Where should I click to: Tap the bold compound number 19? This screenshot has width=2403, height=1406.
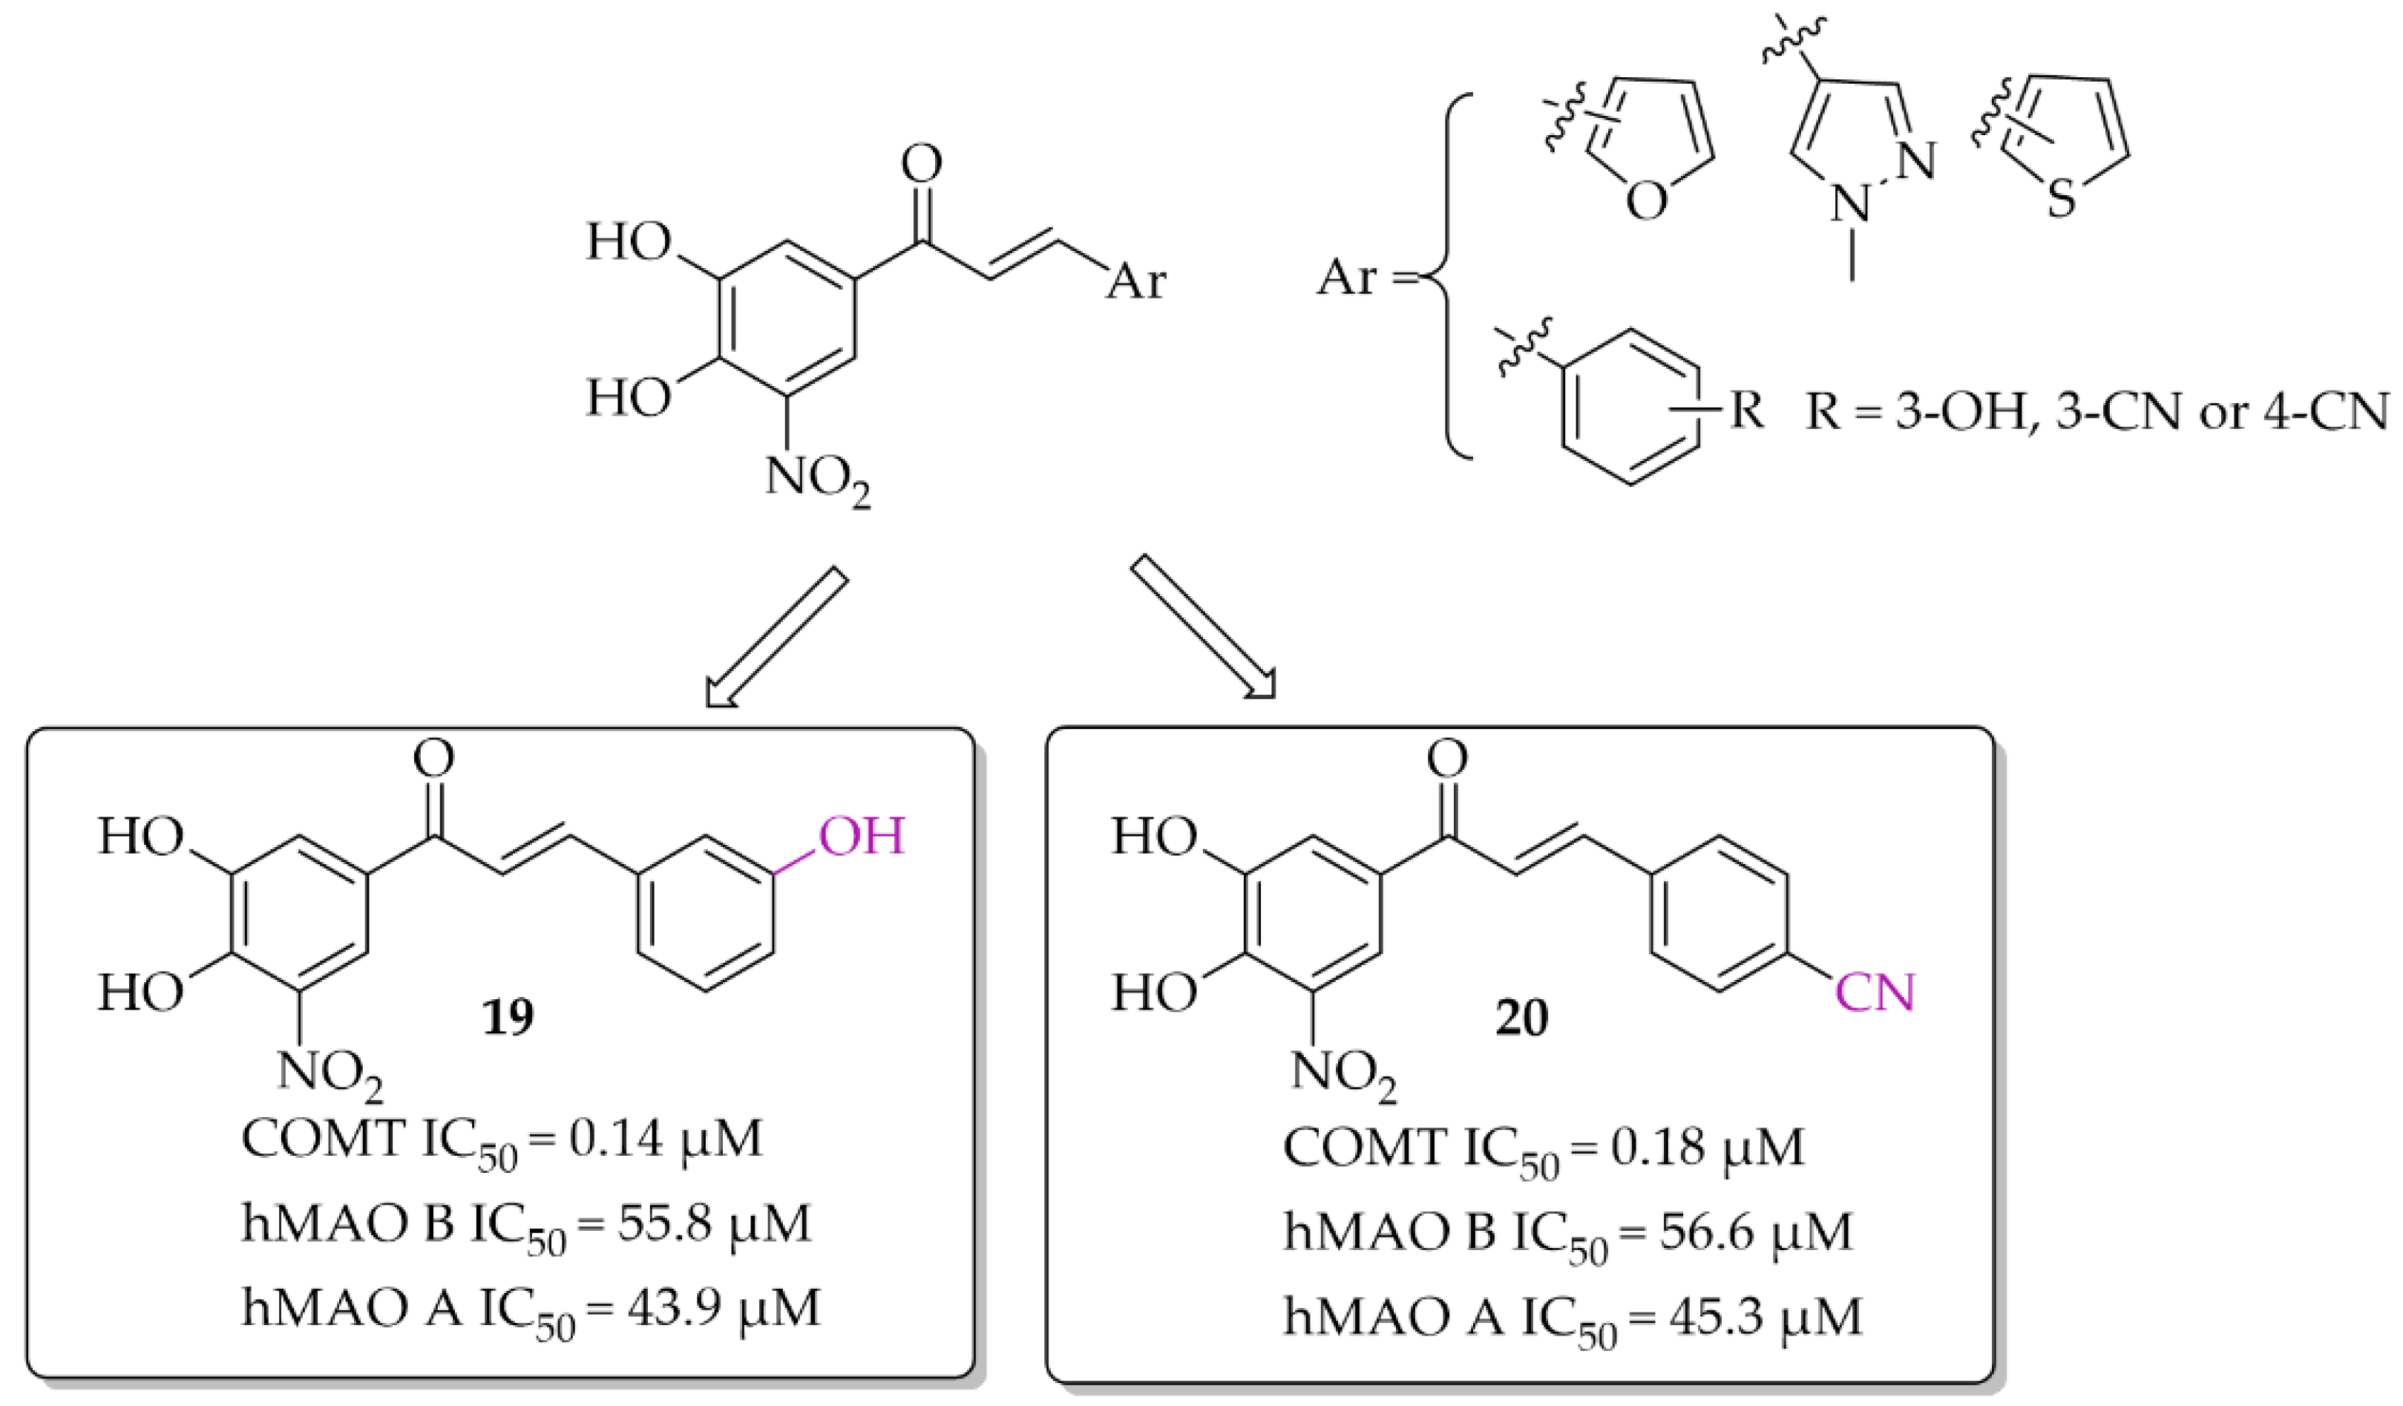[x=508, y=1018]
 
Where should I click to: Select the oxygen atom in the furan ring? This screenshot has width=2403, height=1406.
[x=1647, y=202]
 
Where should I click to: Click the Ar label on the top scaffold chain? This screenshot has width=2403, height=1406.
[x=1135, y=281]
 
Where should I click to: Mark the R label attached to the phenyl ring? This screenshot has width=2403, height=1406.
[x=1747, y=411]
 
